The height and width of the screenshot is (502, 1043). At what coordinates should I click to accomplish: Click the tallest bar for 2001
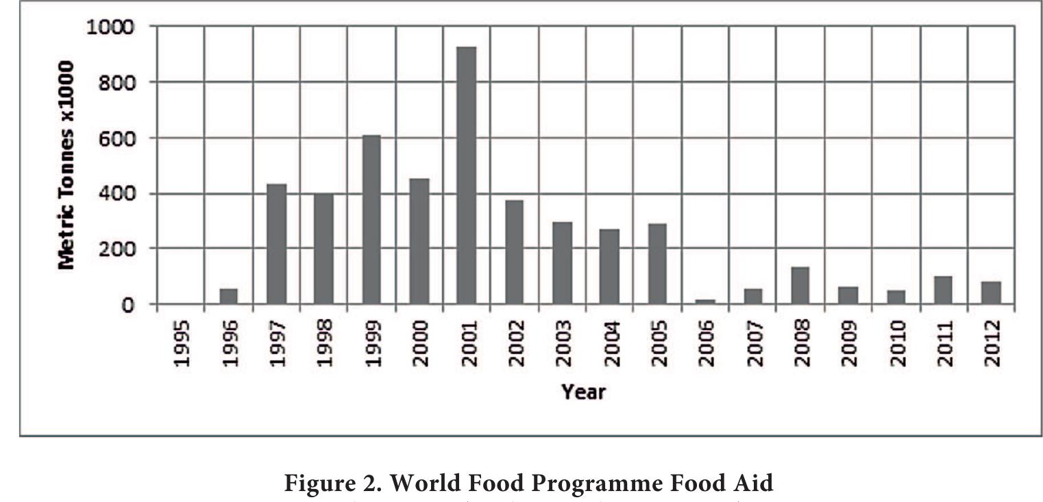466,175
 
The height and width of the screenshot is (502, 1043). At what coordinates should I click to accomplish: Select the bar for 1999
371,219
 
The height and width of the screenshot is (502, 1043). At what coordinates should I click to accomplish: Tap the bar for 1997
276,244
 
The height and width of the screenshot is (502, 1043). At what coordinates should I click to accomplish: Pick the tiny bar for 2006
704,301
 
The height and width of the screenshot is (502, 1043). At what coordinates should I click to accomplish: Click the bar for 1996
228,297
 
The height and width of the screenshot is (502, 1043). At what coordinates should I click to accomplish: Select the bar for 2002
514,252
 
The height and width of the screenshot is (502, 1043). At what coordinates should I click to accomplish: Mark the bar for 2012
990,292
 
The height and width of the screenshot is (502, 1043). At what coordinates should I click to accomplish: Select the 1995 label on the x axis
182,342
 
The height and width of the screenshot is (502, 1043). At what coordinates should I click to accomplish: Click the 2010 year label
896,342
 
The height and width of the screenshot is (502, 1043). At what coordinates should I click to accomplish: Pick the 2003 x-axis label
563,342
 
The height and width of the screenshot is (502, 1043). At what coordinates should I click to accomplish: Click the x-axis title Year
583,392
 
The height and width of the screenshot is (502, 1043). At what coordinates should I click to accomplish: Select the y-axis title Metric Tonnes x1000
66,164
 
